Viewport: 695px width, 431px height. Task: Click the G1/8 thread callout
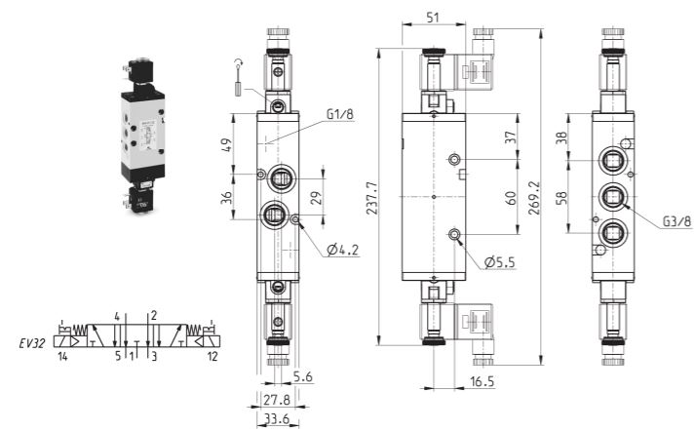coord(340,114)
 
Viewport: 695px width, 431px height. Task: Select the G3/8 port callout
coord(676,220)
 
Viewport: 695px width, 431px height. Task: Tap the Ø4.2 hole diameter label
coord(342,250)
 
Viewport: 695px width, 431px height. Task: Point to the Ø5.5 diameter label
coord(500,262)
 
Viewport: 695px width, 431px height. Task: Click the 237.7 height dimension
coord(371,198)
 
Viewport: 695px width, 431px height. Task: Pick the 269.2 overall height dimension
coord(534,198)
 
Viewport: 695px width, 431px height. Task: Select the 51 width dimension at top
coord(433,18)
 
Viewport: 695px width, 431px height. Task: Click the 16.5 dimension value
coord(482,381)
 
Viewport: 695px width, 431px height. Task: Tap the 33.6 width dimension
coord(276,418)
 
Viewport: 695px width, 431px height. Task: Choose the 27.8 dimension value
coord(277,400)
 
